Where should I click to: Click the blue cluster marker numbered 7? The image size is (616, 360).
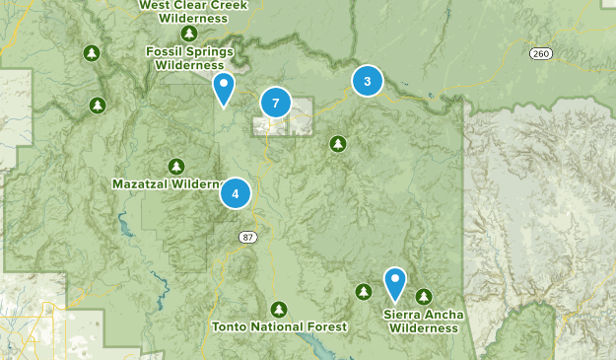coord(275,103)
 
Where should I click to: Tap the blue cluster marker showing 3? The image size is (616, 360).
coord(368,81)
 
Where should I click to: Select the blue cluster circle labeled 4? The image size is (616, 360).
coord(236,193)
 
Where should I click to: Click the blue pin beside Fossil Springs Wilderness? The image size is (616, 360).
coord(225,88)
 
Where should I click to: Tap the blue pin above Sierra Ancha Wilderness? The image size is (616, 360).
coord(395,283)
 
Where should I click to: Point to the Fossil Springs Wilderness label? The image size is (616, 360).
coord(189,58)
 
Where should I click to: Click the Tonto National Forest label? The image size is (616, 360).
coord(279,326)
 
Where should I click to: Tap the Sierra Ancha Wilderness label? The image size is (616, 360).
coord(424,322)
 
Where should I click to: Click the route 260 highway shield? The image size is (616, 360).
coord(539,52)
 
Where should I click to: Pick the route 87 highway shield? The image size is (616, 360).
coord(246,237)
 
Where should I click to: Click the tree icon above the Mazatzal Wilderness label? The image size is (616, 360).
coord(175,166)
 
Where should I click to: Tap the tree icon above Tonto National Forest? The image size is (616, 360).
coord(279,309)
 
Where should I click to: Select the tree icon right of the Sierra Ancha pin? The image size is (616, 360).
coord(424,296)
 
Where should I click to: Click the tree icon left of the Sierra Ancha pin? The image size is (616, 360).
coord(364,291)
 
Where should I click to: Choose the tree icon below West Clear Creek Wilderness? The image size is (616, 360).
coord(188,34)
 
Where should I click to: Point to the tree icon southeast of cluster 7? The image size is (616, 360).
coord(338,144)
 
